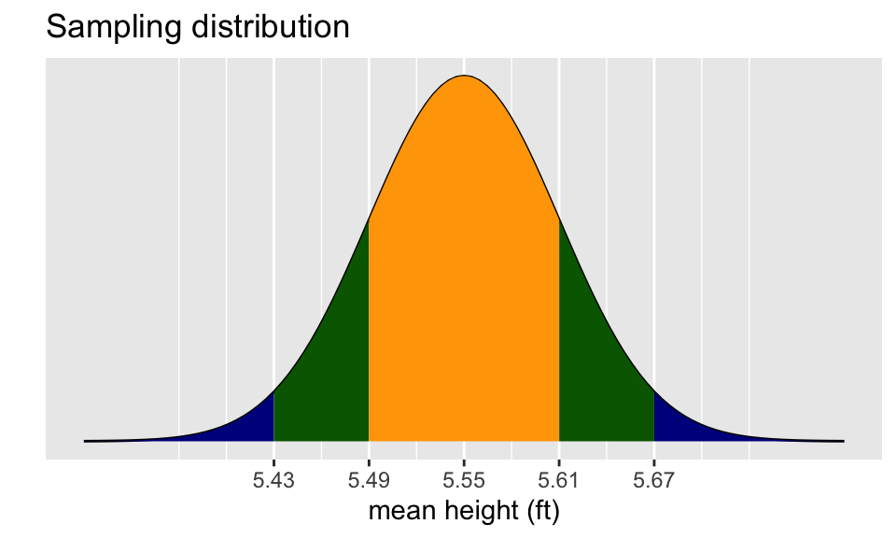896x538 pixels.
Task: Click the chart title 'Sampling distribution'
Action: click(x=198, y=28)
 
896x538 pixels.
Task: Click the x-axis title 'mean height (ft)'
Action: click(x=464, y=512)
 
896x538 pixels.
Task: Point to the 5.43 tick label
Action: click(x=273, y=481)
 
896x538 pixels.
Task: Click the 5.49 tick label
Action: click(x=369, y=481)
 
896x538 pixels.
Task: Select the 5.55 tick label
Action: click(x=464, y=481)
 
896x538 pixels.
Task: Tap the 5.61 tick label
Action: click(x=559, y=481)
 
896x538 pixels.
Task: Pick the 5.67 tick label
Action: click(x=654, y=481)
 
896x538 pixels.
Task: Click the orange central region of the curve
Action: click(x=464, y=280)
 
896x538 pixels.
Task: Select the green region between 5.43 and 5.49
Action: click(x=322, y=374)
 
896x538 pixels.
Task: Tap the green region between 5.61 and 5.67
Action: click(x=606, y=374)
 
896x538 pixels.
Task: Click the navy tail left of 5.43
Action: click(x=247, y=426)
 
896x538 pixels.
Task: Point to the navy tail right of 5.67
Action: click(x=680, y=426)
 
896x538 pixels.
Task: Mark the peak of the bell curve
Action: click(x=464, y=76)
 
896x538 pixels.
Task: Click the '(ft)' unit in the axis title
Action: click(x=541, y=512)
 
